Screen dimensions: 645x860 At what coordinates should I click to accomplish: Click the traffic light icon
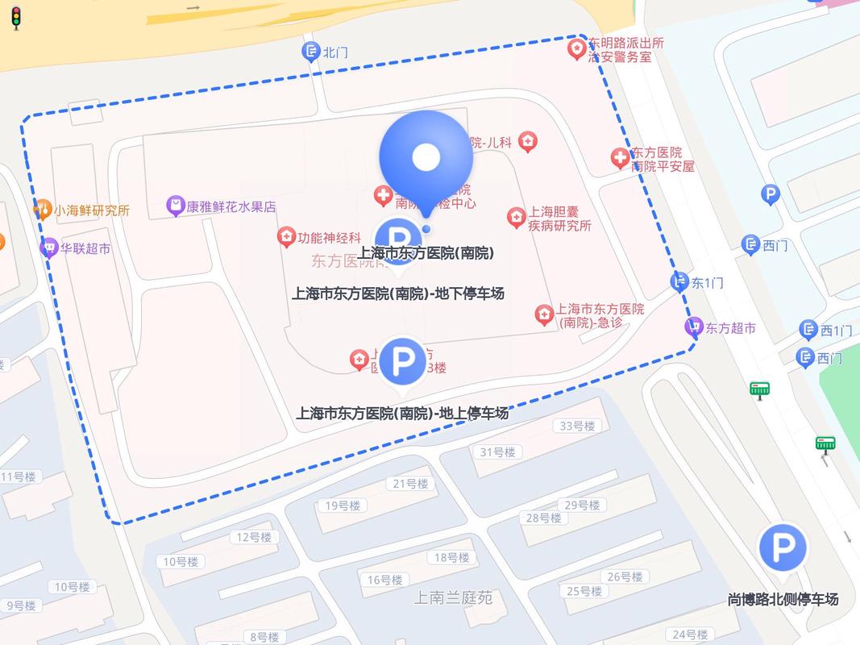coord(16,17)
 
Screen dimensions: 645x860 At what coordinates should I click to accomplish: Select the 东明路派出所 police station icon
coord(576,49)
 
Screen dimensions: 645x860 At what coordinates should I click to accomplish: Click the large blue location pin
coord(426,156)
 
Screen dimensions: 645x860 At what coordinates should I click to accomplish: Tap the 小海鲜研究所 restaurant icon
coord(43,210)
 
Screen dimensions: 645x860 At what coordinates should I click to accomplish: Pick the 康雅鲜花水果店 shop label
coord(231,207)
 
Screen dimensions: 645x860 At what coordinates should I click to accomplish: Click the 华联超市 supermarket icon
coord(49,248)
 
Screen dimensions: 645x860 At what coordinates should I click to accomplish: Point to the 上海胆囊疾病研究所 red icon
coord(516,217)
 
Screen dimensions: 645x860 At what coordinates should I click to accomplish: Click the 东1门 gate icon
coord(680,281)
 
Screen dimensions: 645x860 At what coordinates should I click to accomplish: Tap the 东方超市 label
coord(731,328)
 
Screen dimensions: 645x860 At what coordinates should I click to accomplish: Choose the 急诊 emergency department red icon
coord(544,314)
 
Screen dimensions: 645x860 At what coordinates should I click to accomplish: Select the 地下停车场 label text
coord(397,293)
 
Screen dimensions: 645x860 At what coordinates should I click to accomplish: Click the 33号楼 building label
coord(577,426)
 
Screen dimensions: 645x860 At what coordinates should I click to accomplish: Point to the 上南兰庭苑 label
coord(453,598)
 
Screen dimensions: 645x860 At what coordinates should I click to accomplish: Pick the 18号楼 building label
coord(451,557)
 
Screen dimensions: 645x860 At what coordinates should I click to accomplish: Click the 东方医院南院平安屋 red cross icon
coord(619,158)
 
